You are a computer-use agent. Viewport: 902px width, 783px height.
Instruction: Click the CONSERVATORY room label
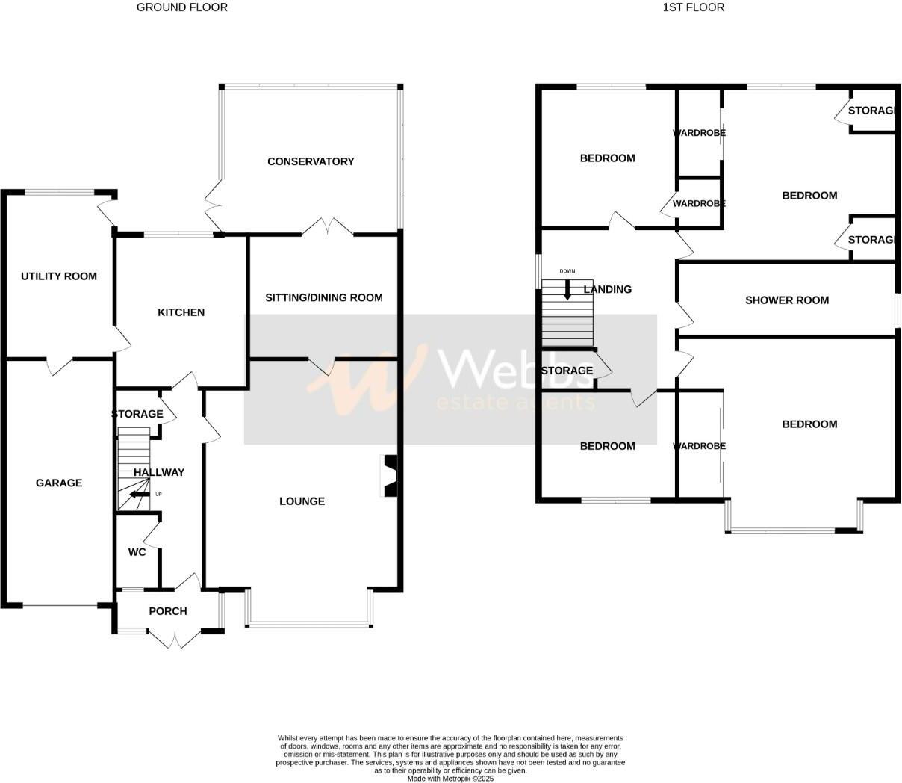click(x=311, y=161)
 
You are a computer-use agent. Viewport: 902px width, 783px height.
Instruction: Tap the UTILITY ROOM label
click(x=59, y=276)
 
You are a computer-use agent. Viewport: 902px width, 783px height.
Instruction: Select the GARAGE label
click(x=59, y=483)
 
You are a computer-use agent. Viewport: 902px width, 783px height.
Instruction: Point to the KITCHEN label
click(x=181, y=312)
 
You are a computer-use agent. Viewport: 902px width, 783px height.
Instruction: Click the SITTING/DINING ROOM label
click(x=324, y=297)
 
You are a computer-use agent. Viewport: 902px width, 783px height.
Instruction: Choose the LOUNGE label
click(x=302, y=501)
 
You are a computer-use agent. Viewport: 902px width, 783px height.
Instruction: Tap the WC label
click(x=137, y=552)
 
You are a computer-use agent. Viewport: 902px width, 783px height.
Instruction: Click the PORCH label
click(x=168, y=611)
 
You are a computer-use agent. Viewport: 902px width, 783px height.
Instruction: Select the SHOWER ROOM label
click(x=787, y=300)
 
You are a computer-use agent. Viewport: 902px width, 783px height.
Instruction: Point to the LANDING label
click(x=608, y=289)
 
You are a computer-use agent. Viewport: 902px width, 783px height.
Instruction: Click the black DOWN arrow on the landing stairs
click(x=567, y=290)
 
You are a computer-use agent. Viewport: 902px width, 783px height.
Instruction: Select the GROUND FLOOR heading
click(x=182, y=7)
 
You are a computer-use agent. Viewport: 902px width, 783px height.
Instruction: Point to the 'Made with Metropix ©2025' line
click(x=450, y=778)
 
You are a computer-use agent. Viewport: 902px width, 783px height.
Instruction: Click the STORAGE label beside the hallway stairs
click(x=137, y=414)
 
